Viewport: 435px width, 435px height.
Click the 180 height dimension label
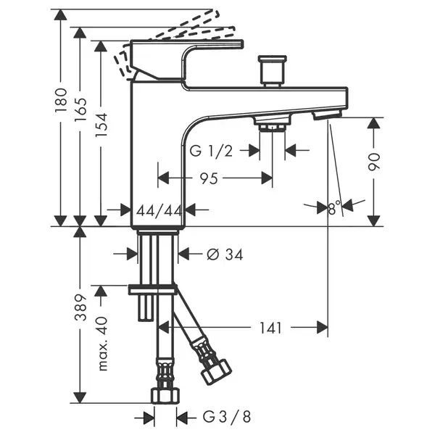(x=61, y=100)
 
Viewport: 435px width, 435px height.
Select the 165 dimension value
(x=80, y=109)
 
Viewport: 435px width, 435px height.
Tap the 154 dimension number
(x=101, y=125)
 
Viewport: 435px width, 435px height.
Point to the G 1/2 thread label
(x=211, y=152)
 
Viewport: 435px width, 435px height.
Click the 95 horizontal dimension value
(x=209, y=178)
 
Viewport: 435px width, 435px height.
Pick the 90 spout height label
(x=373, y=162)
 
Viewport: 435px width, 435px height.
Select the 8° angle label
(x=334, y=208)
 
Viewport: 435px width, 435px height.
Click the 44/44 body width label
(x=159, y=211)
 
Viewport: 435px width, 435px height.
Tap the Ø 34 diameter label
(x=225, y=254)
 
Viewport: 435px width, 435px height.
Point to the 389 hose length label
(x=80, y=307)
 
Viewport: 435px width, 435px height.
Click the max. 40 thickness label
(x=103, y=344)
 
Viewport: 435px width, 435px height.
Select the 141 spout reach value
(x=270, y=328)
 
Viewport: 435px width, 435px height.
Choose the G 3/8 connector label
(x=227, y=416)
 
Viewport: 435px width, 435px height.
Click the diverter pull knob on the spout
(x=272, y=71)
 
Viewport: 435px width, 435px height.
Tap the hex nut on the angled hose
(x=216, y=372)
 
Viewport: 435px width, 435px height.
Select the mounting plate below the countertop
(x=152, y=289)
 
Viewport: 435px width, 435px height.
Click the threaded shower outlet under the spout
(x=272, y=123)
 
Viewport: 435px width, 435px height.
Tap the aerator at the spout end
(x=327, y=115)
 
